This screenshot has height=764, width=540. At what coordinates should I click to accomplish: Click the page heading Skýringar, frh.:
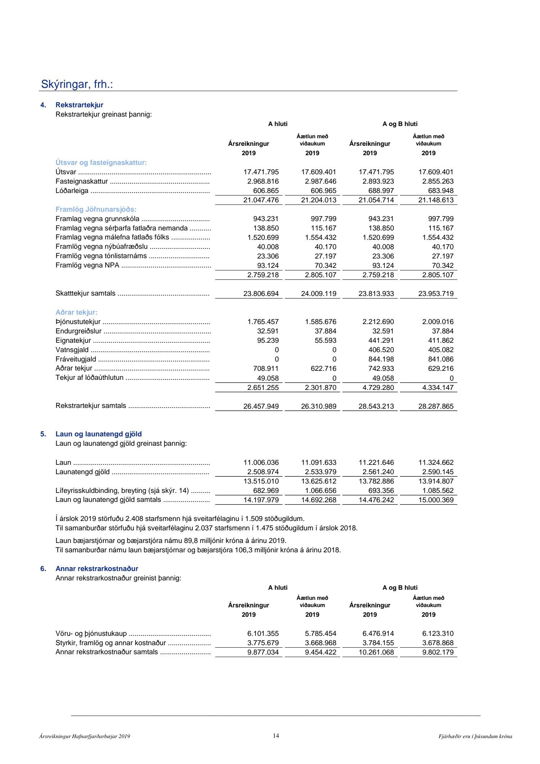[x=77, y=84]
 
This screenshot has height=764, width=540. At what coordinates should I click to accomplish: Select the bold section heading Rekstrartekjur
[x=79, y=105]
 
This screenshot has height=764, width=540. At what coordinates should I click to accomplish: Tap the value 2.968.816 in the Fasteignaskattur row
[x=261, y=181]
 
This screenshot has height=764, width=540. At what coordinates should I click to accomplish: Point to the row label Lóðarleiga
[x=72, y=191]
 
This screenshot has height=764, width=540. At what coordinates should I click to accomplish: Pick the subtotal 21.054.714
[x=376, y=200]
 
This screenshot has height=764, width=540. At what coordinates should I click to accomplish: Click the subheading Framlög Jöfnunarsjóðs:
[x=96, y=209]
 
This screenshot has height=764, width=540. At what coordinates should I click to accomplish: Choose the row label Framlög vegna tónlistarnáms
[x=101, y=256]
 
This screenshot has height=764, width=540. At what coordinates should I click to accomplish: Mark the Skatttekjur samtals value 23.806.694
[x=261, y=293]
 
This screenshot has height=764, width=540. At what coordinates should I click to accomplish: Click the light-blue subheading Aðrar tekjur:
[x=76, y=312]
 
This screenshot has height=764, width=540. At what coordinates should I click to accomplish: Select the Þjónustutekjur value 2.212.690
[x=378, y=322]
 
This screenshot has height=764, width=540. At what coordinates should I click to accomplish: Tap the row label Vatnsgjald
[x=72, y=350]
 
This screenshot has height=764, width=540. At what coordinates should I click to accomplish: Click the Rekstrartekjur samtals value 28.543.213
[x=376, y=406]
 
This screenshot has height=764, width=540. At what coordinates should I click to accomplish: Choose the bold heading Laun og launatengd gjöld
[x=99, y=434]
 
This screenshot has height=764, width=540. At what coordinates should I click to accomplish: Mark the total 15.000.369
[x=436, y=500]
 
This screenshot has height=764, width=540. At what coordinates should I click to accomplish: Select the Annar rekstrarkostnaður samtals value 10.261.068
[x=376, y=652]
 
